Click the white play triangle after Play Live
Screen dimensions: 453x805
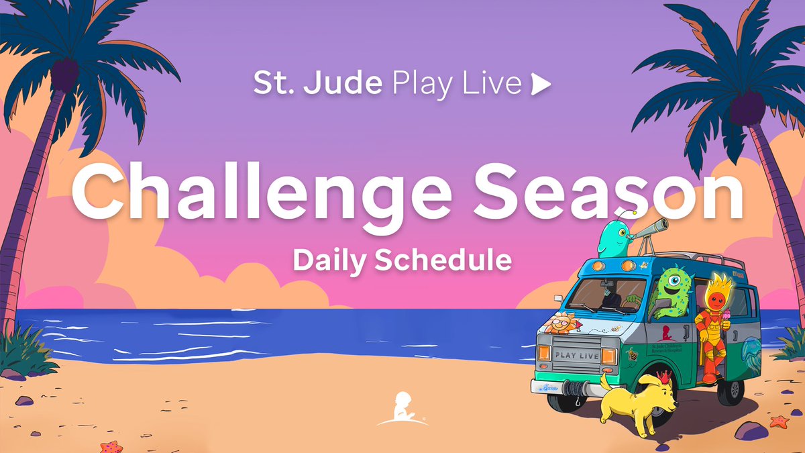(541, 84)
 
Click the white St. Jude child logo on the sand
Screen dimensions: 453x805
(402, 409)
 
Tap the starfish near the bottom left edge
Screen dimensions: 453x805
(111, 446)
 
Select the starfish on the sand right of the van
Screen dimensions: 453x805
(779, 421)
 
